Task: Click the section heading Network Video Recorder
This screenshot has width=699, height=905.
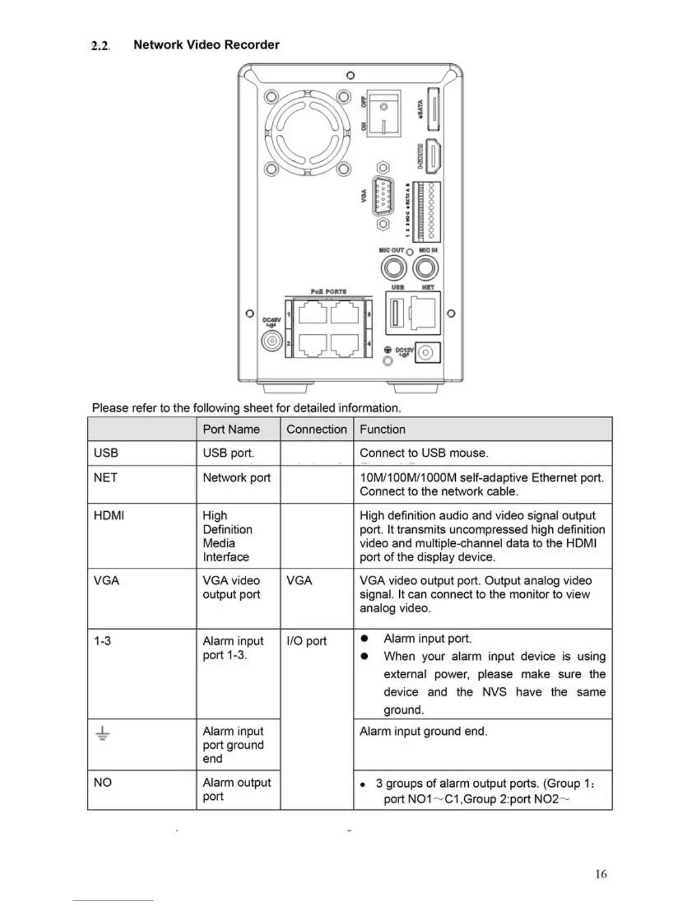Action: coord(206,45)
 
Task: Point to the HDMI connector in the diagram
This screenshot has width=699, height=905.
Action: coord(433,157)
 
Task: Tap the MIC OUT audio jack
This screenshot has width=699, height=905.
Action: coord(393,268)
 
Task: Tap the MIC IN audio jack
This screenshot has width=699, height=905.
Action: coord(425,268)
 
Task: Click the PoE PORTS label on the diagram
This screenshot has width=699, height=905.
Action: coord(328,291)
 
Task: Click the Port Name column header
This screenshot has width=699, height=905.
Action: coord(231,430)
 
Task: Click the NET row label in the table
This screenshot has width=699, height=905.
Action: coord(106,478)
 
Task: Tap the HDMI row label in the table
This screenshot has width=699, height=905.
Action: coord(109,516)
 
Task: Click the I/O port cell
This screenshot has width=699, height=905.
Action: coord(307,642)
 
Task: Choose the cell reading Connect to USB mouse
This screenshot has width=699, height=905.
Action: coord(424,453)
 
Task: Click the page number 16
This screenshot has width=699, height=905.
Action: coord(601,874)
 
